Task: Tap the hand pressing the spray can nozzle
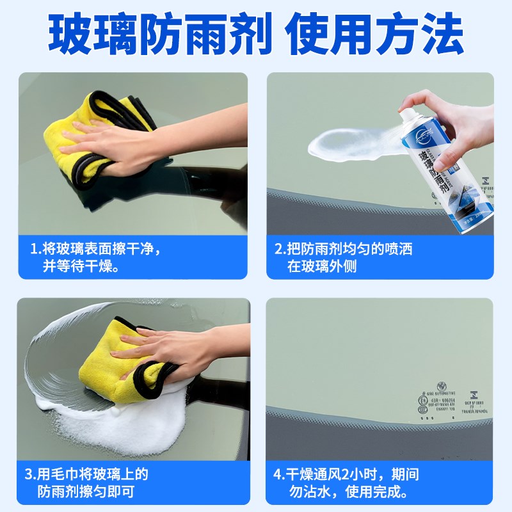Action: tap(448, 109)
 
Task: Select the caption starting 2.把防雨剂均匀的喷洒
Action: tap(343, 248)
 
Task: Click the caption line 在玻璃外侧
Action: tap(321, 266)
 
